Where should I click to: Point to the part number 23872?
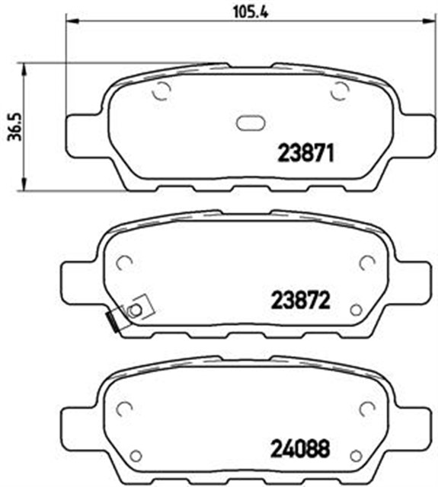[x=299, y=301]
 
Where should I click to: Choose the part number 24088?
[x=299, y=449]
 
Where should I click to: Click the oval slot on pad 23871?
[x=249, y=123]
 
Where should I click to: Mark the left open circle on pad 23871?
[x=161, y=92]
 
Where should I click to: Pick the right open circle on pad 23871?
[x=338, y=91]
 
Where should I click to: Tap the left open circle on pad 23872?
[x=124, y=263]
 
